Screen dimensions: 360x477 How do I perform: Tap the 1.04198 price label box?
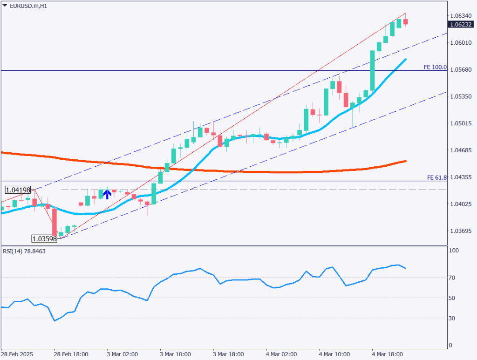click(18, 190)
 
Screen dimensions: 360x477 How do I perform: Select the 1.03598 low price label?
click(44, 239)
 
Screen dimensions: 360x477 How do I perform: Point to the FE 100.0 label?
click(435, 68)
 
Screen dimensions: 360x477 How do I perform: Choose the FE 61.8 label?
click(436, 178)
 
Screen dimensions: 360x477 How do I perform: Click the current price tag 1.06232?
click(462, 24)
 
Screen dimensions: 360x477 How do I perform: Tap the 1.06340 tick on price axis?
click(461, 16)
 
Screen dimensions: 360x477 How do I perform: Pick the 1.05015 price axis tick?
click(461, 123)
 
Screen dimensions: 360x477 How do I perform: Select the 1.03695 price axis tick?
click(461, 231)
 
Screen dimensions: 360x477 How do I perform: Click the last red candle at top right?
click(405, 21)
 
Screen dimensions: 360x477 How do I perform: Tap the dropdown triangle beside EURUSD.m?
click(5, 5)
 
